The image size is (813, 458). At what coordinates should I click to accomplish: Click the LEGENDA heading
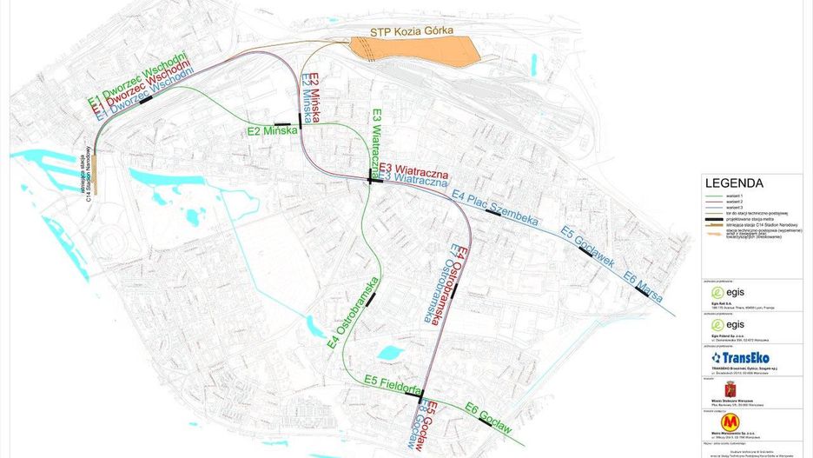tap(734, 183)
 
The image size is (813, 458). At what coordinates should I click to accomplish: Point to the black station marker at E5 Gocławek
tap(583, 251)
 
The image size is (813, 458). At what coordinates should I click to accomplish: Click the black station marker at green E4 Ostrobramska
tap(371, 300)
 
